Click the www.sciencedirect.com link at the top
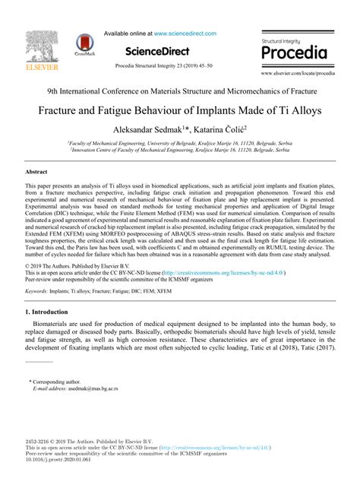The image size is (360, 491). point(184,33)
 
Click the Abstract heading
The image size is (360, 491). point(36,173)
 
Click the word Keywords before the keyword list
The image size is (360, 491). point(36,291)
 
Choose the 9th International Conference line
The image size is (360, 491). point(180,90)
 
